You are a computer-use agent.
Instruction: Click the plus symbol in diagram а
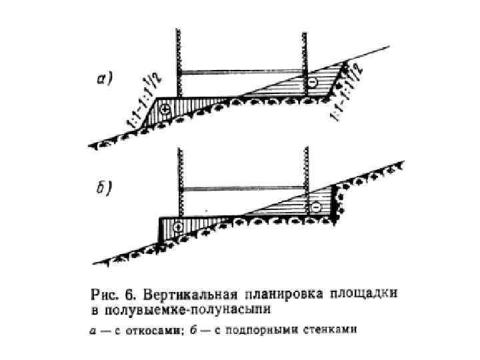coord(165,107)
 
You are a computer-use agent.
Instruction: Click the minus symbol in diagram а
coord(312,82)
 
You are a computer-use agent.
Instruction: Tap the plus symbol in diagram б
coord(178,227)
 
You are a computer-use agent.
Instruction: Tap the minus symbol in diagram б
coord(316,207)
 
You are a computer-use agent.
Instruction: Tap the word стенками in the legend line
coord(331,329)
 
